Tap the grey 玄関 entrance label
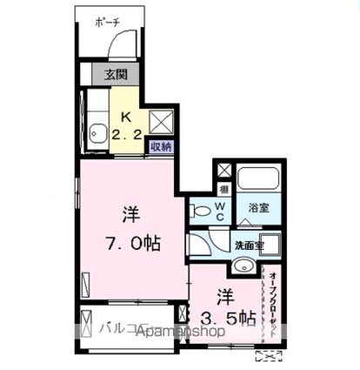pyautogui.click(x=117, y=74)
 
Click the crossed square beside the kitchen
pyautogui.click(x=162, y=120)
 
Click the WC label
pyautogui.click(x=221, y=211)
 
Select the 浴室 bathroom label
pyautogui.click(x=258, y=208)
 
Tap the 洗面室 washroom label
pyautogui.click(x=249, y=246)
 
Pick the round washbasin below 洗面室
pyautogui.click(x=247, y=267)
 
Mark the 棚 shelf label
pyautogui.click(x=223, y=189)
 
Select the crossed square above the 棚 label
pyautogui.click(x=223, y=170)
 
